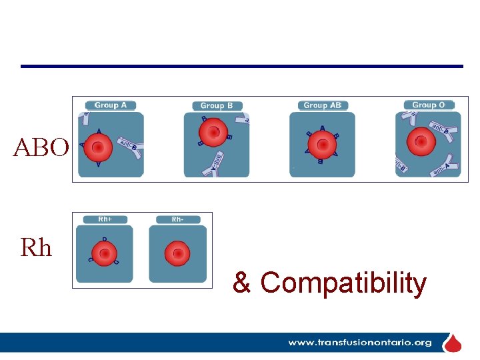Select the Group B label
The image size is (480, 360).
[217, 105]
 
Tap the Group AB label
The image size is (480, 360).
[322, 105]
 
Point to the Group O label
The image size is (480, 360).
[429, 105]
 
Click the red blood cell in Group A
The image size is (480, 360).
[98, 147]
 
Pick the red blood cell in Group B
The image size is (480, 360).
[213, 132]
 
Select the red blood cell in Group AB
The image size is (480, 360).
[322, 143]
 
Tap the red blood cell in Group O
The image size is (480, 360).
[421, 141]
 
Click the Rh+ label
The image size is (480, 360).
[105, 219]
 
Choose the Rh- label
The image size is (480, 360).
[177, 219]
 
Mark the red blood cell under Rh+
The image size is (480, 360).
[104, 253]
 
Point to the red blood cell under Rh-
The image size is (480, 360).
[177, 253]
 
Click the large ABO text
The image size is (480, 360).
[41, 147]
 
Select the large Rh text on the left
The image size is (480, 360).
[36, 248]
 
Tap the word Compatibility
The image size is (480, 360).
[343, 283]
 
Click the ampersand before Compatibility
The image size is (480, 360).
[241, 283]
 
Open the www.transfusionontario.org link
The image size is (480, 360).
[359, 343]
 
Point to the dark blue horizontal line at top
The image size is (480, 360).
[241, 66]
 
